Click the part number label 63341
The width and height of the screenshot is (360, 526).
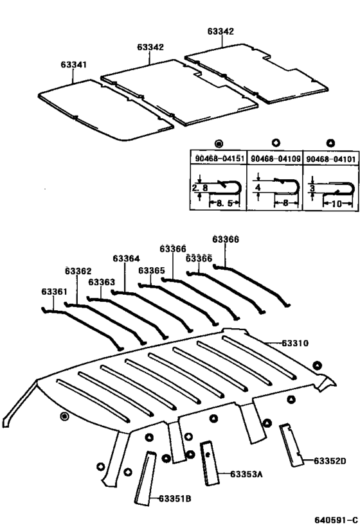tap(74, 65)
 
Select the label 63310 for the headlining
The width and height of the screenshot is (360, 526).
tap(295, 344)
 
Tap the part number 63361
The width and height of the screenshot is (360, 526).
tap(54, 292)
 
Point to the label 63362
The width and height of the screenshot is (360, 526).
tap(78, 271)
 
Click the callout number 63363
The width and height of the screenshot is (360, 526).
tap(102, 282)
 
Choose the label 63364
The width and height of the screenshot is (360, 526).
tap(126, 259)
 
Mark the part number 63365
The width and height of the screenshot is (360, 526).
tap(151, 271)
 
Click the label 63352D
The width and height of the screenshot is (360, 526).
tap(329, 460)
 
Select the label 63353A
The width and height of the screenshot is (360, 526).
tap(246, 475)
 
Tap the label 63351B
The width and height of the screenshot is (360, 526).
tap(175, 498)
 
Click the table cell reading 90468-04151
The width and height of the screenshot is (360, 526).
tap(218, 158)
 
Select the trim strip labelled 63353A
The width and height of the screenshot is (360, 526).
tap(208, 462)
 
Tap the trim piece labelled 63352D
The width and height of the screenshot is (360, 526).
tap(291, 443)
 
